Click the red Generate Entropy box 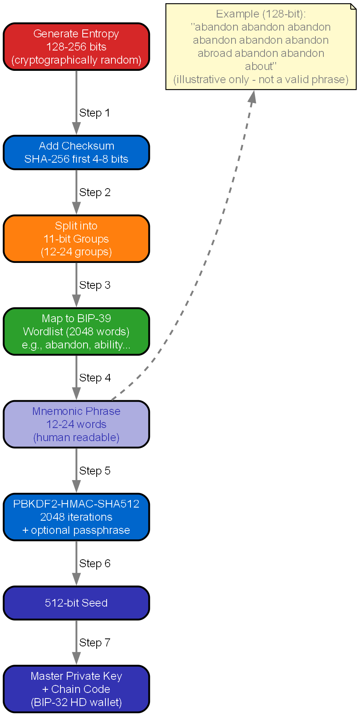click(76, 47)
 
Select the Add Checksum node click(76, 152)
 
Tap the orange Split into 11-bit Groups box click(76, 239)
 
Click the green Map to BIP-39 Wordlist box click(76, 331)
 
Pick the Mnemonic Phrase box click(76, 424)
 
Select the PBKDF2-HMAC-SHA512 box click(76, 517)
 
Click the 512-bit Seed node click(76, 603)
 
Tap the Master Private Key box click(76, 689)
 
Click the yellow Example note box click(261, 47)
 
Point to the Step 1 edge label click(94, 113)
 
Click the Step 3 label click(95, 285)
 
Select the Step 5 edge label click(95, 471)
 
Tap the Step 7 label click(95, 643)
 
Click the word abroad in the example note click(215, 53)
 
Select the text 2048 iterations click(76, 517)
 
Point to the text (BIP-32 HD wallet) click(76, 702)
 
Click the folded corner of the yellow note click(353, 6)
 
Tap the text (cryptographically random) click(76, 60)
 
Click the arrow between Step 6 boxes click(76, 563)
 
